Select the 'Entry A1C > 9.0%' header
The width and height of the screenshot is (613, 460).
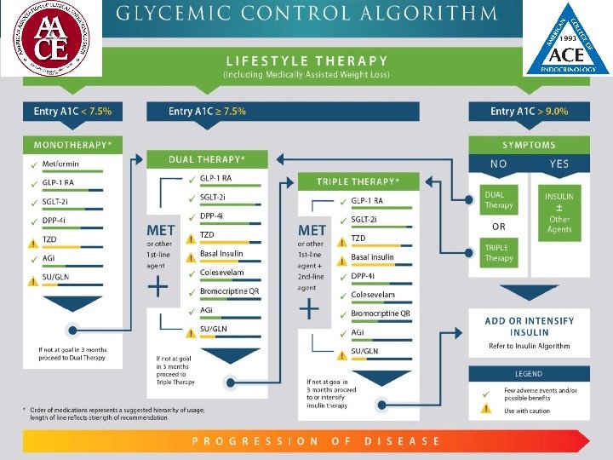click(x=529, y=111)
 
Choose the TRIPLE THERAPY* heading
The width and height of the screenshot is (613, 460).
click(x=357, y=181)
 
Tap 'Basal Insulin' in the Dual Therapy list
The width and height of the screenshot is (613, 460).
click(x=221, y=253)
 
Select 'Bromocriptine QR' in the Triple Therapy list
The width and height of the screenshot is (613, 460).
click(x=381, y=313)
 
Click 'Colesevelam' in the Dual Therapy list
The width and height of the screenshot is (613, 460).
click(x=222, y=273)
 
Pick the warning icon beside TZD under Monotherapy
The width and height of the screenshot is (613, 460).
click(x=33, y=240)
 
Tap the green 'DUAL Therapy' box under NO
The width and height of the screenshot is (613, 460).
click(x=499, y=200)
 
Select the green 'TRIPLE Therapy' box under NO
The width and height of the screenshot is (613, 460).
click(x=499, y=252)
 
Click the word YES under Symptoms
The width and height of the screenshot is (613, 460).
click(x=560, y=164)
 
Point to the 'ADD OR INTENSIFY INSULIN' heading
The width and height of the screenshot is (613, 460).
click(x=529, y=326)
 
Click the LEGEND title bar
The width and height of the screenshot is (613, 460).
click(x=529, y=374)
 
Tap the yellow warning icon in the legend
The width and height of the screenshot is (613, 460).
click(x=485, y=409)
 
